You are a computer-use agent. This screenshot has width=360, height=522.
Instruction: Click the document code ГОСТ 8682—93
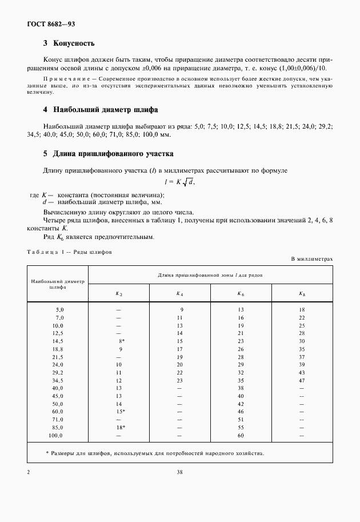click(51, 23)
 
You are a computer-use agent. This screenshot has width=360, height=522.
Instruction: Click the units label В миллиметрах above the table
click(311, 259)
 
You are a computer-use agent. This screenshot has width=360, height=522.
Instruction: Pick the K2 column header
click(119, 293)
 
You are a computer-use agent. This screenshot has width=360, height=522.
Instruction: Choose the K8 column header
click(302, 293)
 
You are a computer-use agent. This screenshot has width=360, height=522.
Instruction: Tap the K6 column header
click(241, 293)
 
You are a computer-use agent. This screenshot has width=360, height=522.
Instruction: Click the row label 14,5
click(58, 341)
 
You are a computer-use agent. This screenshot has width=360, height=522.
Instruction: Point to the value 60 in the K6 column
click(241, 435)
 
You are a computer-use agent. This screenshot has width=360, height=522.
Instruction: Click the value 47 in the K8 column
click(302, 380)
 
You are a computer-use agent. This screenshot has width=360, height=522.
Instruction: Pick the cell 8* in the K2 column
click(121, 341)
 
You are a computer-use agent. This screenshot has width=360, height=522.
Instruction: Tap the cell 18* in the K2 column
click(120, 427)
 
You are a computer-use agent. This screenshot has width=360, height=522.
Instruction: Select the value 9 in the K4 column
click(180, 309)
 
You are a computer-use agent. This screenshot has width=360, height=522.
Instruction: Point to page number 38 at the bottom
click(179, 472)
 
